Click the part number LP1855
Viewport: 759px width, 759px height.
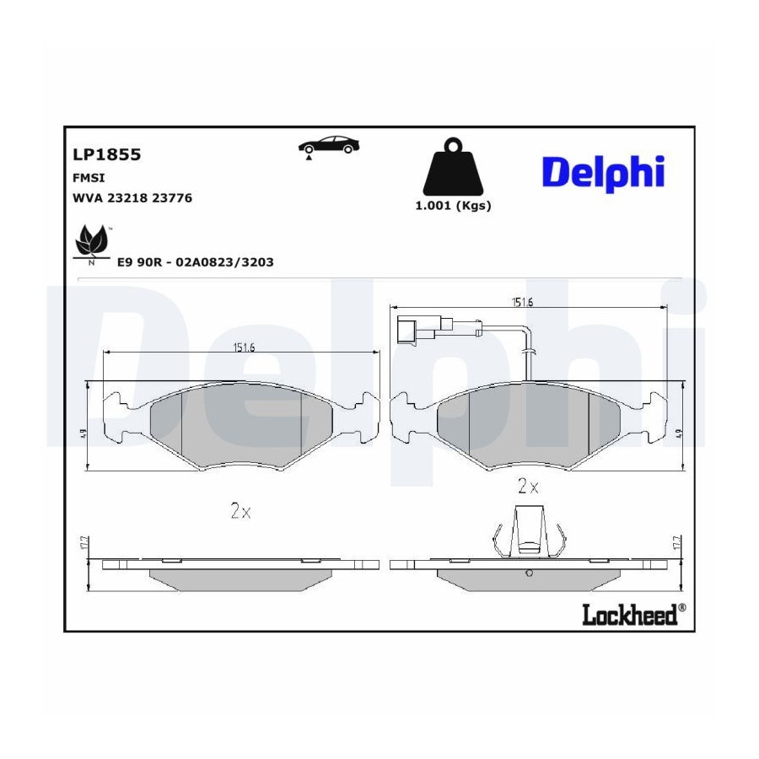106,154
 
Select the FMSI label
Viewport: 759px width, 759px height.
89,178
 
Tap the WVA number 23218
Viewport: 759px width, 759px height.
127,198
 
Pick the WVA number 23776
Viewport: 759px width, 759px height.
172,198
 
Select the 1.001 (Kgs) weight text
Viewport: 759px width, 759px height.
453,206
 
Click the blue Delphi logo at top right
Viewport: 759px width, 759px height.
604,174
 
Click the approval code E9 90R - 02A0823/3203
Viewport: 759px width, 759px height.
196,262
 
